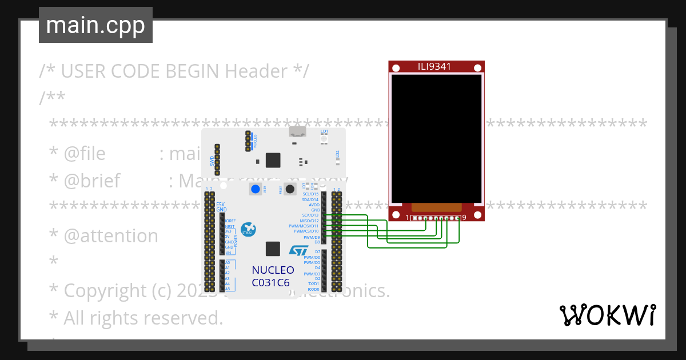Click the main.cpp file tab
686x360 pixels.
click(x=95, y=25)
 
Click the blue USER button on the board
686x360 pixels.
click(x=256, y=189)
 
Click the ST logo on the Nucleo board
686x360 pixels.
click(x=297, y=251)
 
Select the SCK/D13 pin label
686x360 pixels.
click(x=310, y=215)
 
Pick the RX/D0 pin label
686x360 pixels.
click(x=313, y=289)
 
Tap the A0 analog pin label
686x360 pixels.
click(x=228, y=263)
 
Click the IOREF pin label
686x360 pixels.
click(x=230, y=221)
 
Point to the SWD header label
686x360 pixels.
click(x=212, y=161)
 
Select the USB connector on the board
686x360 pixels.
click(x=297, y=133)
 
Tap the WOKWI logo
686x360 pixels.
click(x=607, y=315)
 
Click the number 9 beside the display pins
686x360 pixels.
click(x=464, y=218)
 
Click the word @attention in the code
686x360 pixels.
click(x=111, y=236)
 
